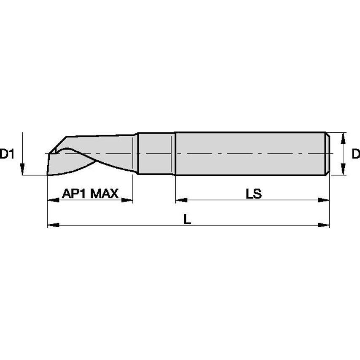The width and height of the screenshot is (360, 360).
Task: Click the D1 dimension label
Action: [x=7, y=154]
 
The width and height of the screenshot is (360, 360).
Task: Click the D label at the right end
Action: [x=355, y=154]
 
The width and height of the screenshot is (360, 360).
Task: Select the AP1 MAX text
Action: [x=90, y=194]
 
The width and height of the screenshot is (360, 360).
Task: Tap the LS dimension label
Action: [x=254, y=194]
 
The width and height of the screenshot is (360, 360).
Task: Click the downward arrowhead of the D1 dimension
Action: [x=22, y=170]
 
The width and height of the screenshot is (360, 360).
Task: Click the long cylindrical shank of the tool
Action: [x=249, y=154]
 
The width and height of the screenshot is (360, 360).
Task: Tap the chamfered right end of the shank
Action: [x=327, y=154]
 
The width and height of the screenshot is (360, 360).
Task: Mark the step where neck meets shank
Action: [x=174, y=154]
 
